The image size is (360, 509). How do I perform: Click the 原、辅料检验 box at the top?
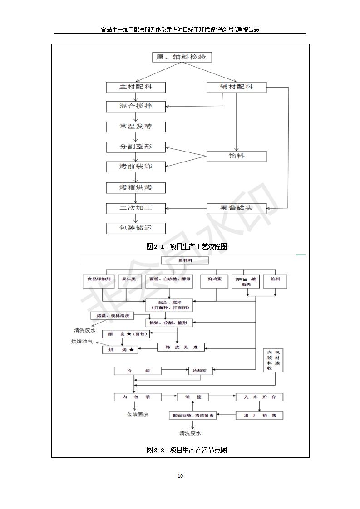182,58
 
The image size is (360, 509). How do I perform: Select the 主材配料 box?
136,87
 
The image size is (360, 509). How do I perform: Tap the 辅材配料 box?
236,87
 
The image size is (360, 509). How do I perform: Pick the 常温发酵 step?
136,127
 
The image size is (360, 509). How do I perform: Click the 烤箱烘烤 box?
136,187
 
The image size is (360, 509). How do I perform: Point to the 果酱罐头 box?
236,208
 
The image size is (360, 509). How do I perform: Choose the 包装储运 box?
136,228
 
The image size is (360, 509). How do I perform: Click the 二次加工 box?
136,208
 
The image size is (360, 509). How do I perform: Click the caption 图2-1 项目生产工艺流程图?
186,246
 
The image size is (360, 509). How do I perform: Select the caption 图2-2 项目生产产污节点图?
186,450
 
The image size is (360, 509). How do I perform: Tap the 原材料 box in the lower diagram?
185,261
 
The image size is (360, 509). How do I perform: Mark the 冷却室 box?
200,371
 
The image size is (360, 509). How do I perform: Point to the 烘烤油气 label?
82,341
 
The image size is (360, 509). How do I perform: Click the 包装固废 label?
138,415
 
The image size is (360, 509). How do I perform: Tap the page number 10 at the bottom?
180,476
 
